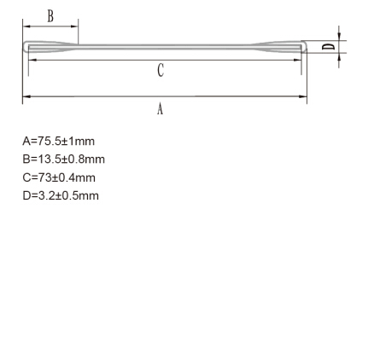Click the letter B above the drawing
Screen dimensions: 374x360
[x=50, y=16]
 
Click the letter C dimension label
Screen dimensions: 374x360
[x=161, y=70]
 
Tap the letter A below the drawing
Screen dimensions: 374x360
[x=161, y=109]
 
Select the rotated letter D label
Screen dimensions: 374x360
[x=328, y=47]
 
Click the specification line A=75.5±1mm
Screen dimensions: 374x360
[x=58, y=141]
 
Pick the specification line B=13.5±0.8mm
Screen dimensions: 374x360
[x=63, y=160]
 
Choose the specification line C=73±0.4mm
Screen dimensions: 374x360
[x=59, y=177]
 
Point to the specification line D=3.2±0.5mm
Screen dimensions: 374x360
[x=61, y=196]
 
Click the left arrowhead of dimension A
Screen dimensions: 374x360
[x=26, y=96]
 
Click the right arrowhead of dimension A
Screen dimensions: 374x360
[x=303, y=96]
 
